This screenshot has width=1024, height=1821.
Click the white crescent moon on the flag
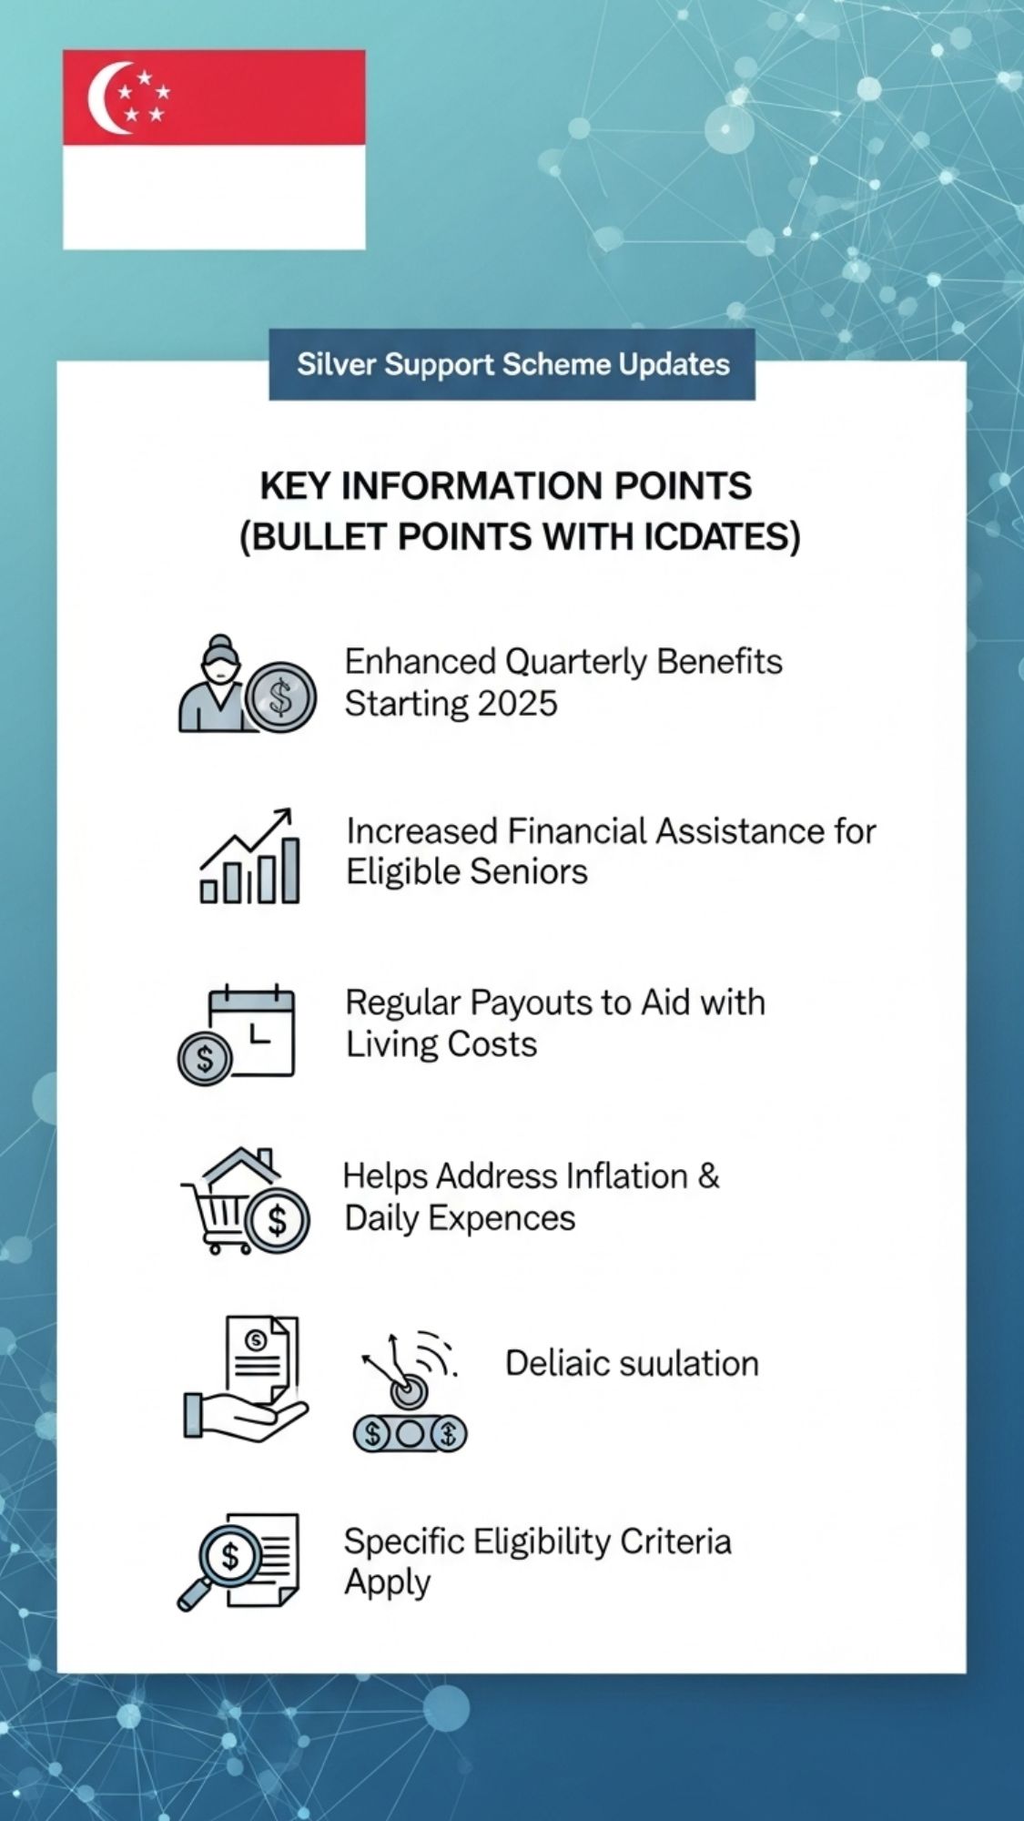pos(102,98)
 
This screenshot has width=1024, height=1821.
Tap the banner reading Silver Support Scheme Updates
pos(512,364)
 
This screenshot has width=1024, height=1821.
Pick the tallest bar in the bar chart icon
pos(290,870)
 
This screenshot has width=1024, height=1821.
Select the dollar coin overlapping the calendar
pos(205,1058)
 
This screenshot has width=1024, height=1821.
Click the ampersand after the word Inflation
pos(708,1175)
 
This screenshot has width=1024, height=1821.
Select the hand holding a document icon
pos(246,1378)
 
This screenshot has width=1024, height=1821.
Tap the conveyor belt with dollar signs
pos(410,1434)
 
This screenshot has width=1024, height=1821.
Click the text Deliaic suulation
pos(632,1363)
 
